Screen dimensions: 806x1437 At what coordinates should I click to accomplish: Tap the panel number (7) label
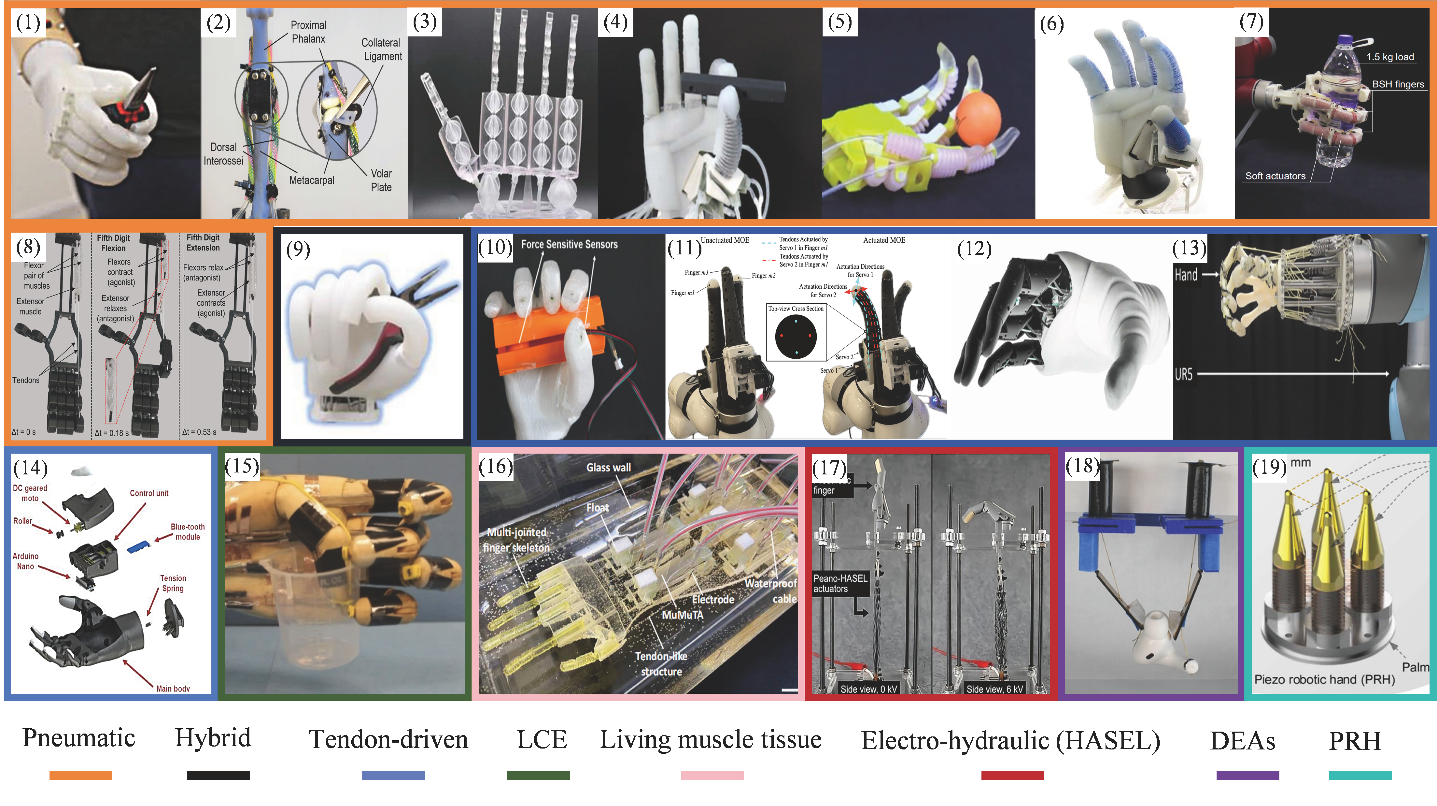[x=1251, y=22]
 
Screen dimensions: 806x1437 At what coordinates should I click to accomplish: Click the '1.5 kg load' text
[x=1390, y=57]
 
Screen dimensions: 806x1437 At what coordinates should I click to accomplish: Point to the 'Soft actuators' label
[x=1275, y=176]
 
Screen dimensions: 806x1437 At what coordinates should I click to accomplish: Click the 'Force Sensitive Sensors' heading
[x=569, y=244]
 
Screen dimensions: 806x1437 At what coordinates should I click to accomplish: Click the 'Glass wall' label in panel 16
[x=608, y=467]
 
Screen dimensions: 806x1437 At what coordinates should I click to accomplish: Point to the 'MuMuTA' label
[x=682, y=615]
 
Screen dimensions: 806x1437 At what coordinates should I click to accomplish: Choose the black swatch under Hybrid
[x=218, y=775]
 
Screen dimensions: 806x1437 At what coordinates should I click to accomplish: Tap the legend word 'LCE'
[x=542, y=740]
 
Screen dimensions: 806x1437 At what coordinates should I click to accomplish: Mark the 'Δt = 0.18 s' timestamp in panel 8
[x=111, y=433]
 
